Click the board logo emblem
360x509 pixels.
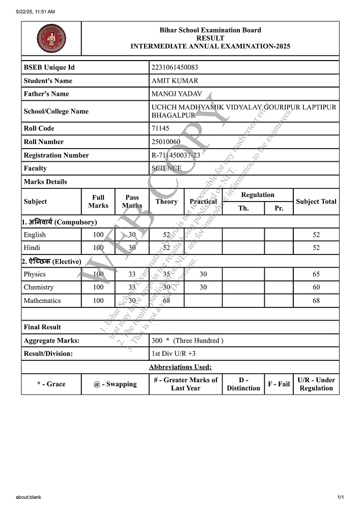pyautogui.click(x=51, y=38)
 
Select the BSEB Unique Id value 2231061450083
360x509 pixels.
pyautogui.click(x=182, y=67)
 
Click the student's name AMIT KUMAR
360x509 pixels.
pyautogui.click(x=175, y=80)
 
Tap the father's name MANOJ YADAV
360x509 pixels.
pyautogui.click(x=177, y=94)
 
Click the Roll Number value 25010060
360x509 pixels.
pyautogui.click(x=166, y=142)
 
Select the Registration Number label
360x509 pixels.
pyautogui.click(x=56, y=155)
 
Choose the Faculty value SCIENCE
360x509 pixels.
pyautogui.click(x=167, y=168)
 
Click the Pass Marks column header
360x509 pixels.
pyautogui.click(x=132, y=202)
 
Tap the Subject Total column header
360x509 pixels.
pyautogui.click(x=316, y=202)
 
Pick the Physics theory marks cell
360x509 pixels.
pyautogui.click(x=167, y=274)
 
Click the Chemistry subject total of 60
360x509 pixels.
pyautogui.click(x=316, y=287)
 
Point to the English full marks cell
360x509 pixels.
pyautogui.click(x=98, y=235)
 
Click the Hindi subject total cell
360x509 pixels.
pyautogui.click(x=316, y=248)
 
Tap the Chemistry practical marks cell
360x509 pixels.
pyautogui.click(x=203, y=287)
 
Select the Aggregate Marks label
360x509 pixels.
pyautogui.click(x=51, y=341)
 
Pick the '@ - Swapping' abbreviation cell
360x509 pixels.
pyautogui.click(x=115, y=384)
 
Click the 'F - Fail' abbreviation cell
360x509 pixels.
pyautogui.click(x=279, y=384)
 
